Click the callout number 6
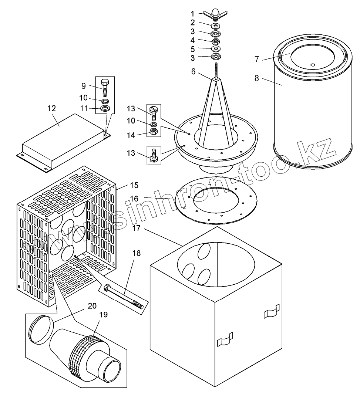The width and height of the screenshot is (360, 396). pyautogui.click(x=193, y=72)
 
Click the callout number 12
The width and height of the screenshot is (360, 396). pyautogui.click(x=52, y=108)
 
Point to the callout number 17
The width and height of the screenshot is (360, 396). pyautogui.click(x=136, y=228)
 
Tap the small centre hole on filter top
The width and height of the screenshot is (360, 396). pyautogui.click(x=313, y=65)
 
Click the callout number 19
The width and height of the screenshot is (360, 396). pyautogui.click(x=103, y=315)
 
